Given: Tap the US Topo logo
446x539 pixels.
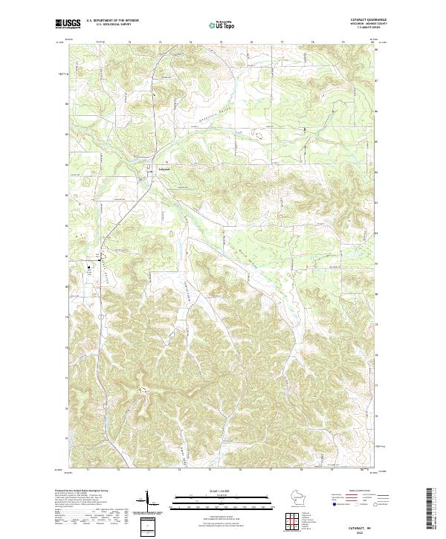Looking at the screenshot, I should click(x=222, y=24).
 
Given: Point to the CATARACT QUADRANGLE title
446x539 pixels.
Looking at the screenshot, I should click(x=360, y=21).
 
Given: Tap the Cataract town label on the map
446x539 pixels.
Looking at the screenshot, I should click(x=165, y=167).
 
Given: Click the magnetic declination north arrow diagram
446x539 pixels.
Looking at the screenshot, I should click(x=146, y=500).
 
